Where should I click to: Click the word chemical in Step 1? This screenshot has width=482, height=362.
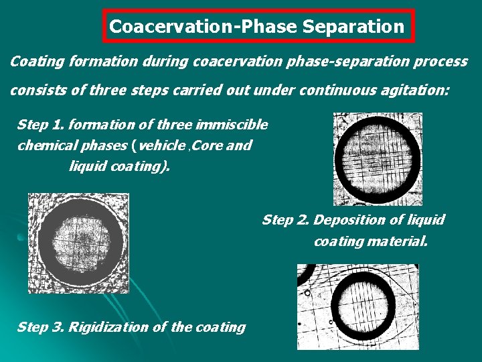pos(43,145)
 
